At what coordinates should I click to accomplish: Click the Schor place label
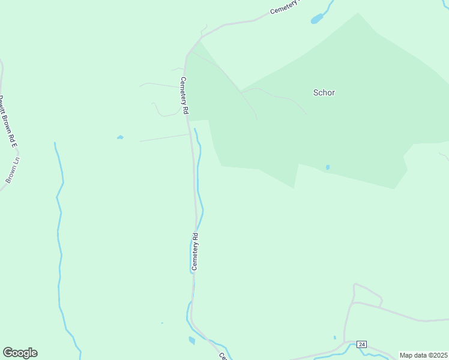pyautogui.click(x=324, y=93)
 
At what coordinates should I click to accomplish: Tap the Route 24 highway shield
pyautogui.click(x=361, y=344)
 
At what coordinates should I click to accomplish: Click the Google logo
pyautogui.click(x=20, y=353)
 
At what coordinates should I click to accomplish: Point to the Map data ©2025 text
pyautogui.click(x=423, y=355)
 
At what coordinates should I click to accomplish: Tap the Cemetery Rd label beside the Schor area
pyautogui.click(x=184, y=96)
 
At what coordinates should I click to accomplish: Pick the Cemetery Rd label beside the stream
pyautogui.click(x=194, y=250)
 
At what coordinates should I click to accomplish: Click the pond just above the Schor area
pyautogui.click(x=316, y=20)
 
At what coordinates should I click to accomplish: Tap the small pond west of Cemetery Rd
pyautogui.click(x=120, y=137)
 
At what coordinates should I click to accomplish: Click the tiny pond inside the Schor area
pyautogui.click(x=327, y=167)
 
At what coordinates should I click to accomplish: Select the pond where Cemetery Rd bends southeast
pyautogui.click(x=191, y=341)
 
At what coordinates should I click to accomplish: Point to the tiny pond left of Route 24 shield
pyautogui.click(x=335, y=337)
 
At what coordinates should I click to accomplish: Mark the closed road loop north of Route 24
pyautogui.click(x=367, y=293)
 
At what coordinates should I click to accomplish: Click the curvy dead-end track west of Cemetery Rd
pyautogui.click(x=157, y=109)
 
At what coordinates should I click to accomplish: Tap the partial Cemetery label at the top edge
pyautogui.click(x=284, y=8)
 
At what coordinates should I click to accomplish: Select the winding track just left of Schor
pyautogui.click(x=276, y=95)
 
